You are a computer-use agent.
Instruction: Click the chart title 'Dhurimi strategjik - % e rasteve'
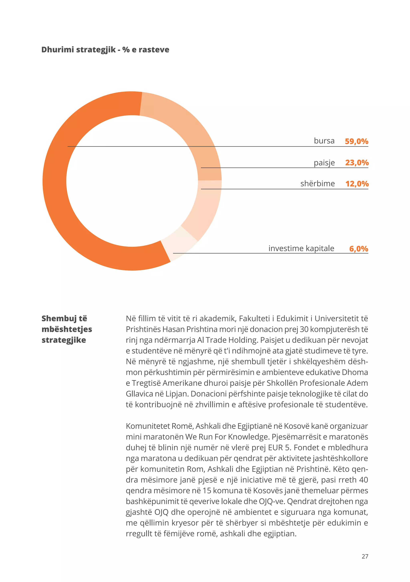pyautogui.click(x=105, y=49)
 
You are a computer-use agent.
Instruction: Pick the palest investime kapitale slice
pyautogui.click(x=179, y=242)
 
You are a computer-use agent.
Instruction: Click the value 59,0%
pyautogui.click(x=356, y=141)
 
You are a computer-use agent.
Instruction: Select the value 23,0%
pyautogui.click(x=357, y=162)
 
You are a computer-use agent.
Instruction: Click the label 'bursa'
pyautogui.click(x=324, y=141)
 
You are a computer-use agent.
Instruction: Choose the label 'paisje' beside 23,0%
pyautogui.click(x=324, y=162)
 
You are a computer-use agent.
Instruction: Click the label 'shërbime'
pyautogui.click(x=317, y=183)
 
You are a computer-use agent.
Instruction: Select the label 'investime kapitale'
pyautogui.click(x=301, y=248)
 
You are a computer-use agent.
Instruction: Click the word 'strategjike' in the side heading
pyautogui.click(x=64, y=340)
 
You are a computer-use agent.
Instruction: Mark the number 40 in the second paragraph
pyautogui.click(x=363, y=480)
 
